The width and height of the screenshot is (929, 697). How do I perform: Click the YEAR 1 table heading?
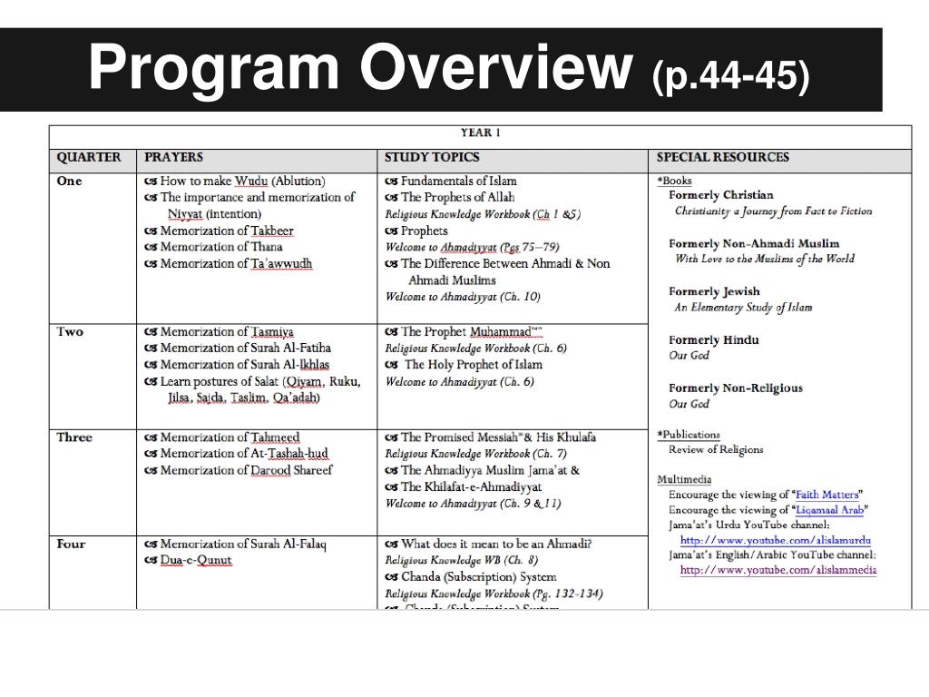[x=481, y=133]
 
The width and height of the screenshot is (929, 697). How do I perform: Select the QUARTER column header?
[x=89, y=157]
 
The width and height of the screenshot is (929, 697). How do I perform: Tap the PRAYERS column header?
[x=173, y=157]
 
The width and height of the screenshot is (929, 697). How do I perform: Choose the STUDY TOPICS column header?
[x=432, y=157]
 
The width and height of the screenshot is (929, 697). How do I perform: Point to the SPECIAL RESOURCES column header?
[x=722, y=157]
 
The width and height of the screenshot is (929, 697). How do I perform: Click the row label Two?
[x=70, y=331]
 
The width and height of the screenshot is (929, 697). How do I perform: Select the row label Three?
[x=74, y=437]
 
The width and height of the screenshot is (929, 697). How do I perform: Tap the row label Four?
[x=71, y=544]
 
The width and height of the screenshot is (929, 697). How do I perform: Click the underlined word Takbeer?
[x=273, y=231]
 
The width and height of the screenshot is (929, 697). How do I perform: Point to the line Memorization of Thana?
[x=220, y=247]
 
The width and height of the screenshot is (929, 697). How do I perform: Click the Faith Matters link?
[x=826, y=495]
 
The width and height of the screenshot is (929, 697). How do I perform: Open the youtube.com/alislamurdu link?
[x=776, y=540]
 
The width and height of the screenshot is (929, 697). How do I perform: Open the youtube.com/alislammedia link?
[x=777, y=570]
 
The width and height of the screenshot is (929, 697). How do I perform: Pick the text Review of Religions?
[x=716, y=449]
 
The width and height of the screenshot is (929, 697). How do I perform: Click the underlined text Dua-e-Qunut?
[x=196, y=560]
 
